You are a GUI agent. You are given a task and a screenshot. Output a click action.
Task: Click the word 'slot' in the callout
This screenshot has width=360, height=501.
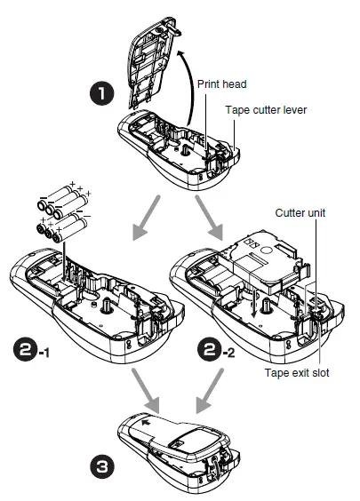317,373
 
